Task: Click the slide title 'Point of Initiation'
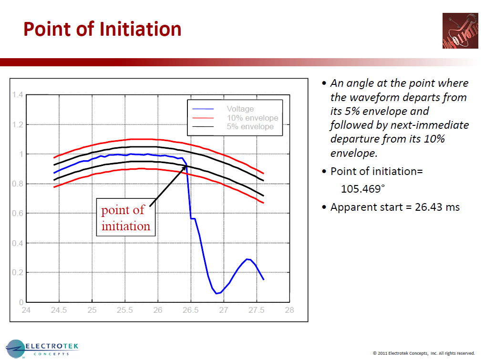[x=103, y=29]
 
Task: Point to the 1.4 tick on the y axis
[x=18, y=95]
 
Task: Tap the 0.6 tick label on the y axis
[x=18, y=214]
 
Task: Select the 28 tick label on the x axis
[x=289, y=310]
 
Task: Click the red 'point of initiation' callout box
[x=126, y=218]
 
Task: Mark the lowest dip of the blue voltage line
[x=217, y=293]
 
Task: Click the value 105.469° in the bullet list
[x=361, y=188]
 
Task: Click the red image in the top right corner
[x=460, y=31]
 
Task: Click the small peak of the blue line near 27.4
[x=248, y=259]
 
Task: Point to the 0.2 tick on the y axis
[x=18, y=273]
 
